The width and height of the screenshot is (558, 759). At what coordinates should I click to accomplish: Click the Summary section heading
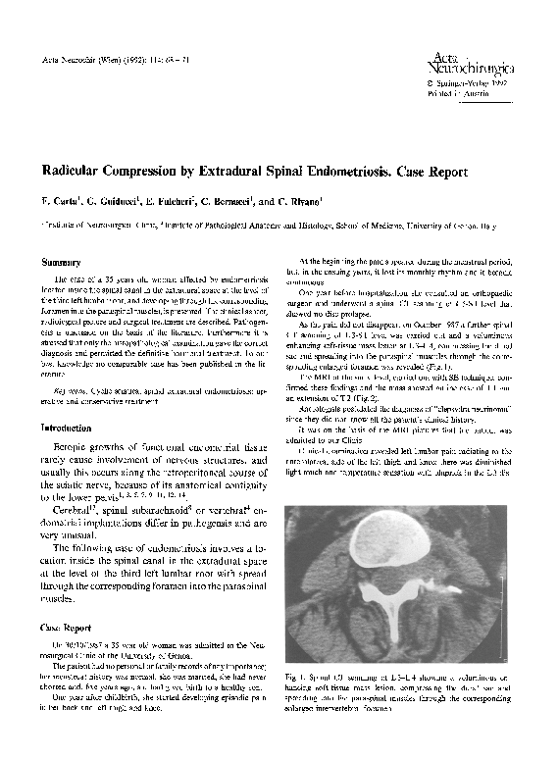[x=59, y=263]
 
